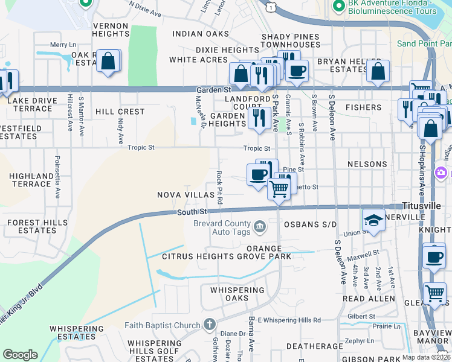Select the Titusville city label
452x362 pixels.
[427, 206]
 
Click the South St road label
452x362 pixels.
[192, 212]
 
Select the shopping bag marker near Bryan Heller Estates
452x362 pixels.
[378, 71]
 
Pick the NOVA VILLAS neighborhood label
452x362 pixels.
[186, 195]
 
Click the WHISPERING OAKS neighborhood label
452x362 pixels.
[237, 294]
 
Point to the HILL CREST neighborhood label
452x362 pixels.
[120, 112]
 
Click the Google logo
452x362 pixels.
[20, 355]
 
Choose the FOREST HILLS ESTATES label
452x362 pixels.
[31, 226]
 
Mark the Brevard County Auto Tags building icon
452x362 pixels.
[259, 227]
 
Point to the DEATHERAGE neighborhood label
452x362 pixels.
[310, 346]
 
